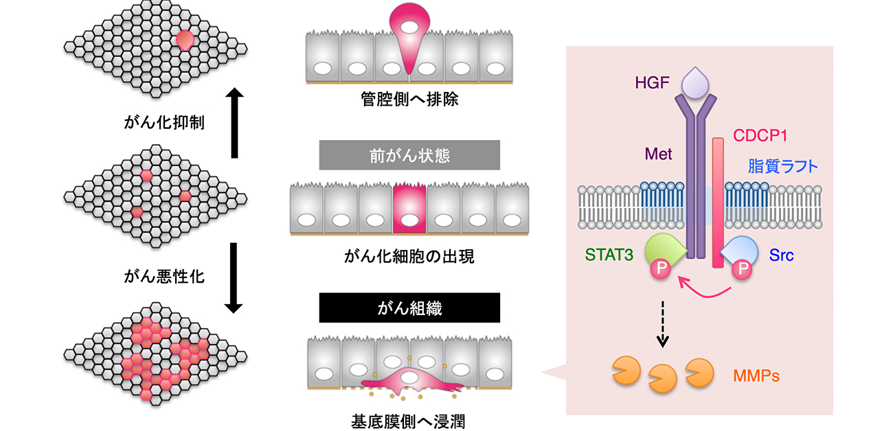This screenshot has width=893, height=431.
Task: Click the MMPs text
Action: (x=756, y=375)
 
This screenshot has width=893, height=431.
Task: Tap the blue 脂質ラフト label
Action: (x=784, y=166)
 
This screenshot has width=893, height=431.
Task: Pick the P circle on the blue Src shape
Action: (x=741, y=268)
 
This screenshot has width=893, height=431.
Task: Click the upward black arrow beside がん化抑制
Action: (x=235, y=122)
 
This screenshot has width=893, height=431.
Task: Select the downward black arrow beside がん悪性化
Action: (x=235, y=279)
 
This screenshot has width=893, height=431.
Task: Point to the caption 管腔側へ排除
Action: (x=409, y=101)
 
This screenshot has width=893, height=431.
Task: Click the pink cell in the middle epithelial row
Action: (x=409, y=210)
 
